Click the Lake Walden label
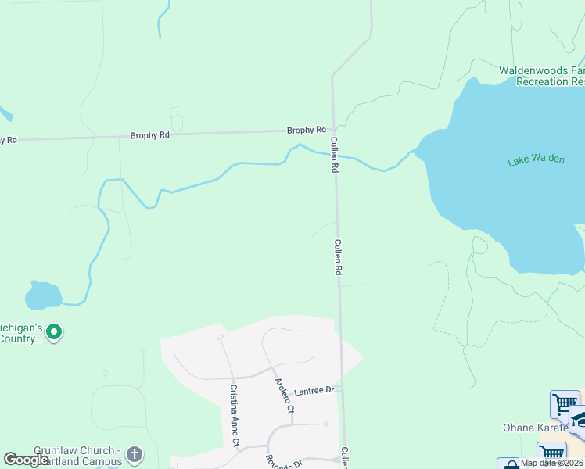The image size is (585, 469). point(536,159)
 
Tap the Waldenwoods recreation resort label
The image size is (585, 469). point(542,76)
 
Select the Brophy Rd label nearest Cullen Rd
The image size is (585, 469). point(306,131)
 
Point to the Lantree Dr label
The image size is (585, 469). point(314,390)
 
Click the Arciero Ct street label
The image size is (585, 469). point(284,396)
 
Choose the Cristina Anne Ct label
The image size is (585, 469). point(234,415)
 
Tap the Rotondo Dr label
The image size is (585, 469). point(283,461)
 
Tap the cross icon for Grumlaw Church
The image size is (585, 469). point(135,454)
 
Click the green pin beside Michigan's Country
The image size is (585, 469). point(54,333)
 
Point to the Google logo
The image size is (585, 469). point(26,460)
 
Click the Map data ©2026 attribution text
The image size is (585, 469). point(551,464)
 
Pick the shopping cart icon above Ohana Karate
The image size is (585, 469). point(564,404)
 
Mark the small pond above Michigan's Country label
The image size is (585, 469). point(42,295)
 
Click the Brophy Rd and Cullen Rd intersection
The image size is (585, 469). point(333,130)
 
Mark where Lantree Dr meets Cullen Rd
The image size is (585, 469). point(342,388)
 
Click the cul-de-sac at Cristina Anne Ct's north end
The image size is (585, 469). point(221,338)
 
